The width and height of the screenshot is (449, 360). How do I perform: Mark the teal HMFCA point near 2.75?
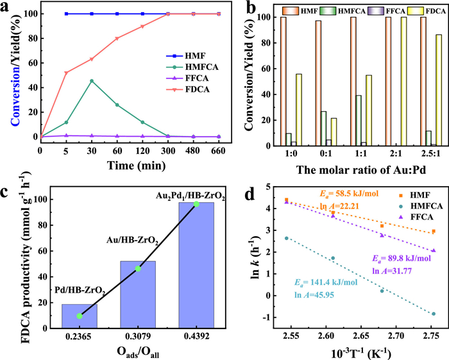tap(434, 314)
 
